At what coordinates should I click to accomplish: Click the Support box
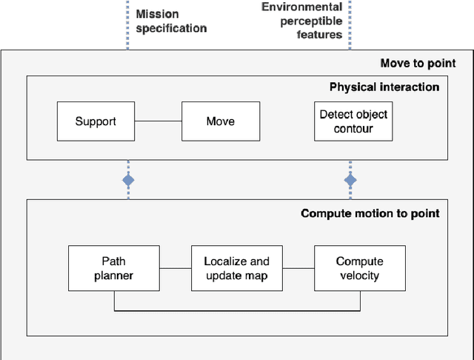[95, 121]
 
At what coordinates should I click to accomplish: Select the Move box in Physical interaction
[221, 121]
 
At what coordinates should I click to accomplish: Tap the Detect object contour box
[353, 121]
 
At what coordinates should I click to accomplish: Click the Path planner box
[114, 268]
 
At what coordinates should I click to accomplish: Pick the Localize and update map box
[237, 268]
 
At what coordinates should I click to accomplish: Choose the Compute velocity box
[359, 268]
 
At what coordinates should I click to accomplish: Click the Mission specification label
[171, 20]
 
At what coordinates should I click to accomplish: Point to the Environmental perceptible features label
[301, 20]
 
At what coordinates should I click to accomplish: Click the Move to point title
[418, 63]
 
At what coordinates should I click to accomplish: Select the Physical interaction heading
[384, 87]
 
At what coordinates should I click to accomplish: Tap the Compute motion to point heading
[370, 213]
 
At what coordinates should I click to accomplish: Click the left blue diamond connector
[128, 180]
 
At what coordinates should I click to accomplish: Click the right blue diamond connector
[350, 180]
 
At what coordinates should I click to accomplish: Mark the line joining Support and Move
[158, 121]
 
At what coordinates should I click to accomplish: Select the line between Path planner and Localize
[176, 268]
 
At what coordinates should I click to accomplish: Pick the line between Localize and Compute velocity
[298, 268]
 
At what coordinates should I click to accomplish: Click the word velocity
[359, 276]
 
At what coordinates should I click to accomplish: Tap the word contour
[353, 129]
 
